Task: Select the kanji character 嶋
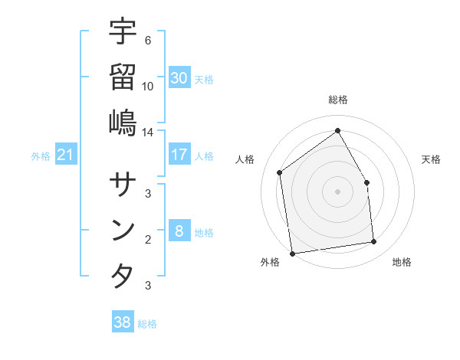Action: [123, 122]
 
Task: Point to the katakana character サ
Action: [123, 185]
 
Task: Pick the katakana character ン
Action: [123, 230]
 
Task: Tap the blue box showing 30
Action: [179, 78]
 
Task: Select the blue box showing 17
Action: [179, 155]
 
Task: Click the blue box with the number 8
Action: [179, 231]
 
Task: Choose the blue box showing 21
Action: [66, 155]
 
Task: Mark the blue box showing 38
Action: [123, 322]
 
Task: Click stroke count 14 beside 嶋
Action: [147, 132]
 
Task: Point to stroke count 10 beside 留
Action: [148, 86]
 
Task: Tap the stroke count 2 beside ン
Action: [148, 239]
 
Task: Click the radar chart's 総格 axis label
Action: [337, 100]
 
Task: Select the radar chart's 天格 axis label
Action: [432, 159]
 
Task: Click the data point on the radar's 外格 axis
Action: [292, 253]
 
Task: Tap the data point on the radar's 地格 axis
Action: [374, 242]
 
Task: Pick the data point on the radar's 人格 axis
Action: [280, 172]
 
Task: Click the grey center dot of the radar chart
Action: [337, 191]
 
